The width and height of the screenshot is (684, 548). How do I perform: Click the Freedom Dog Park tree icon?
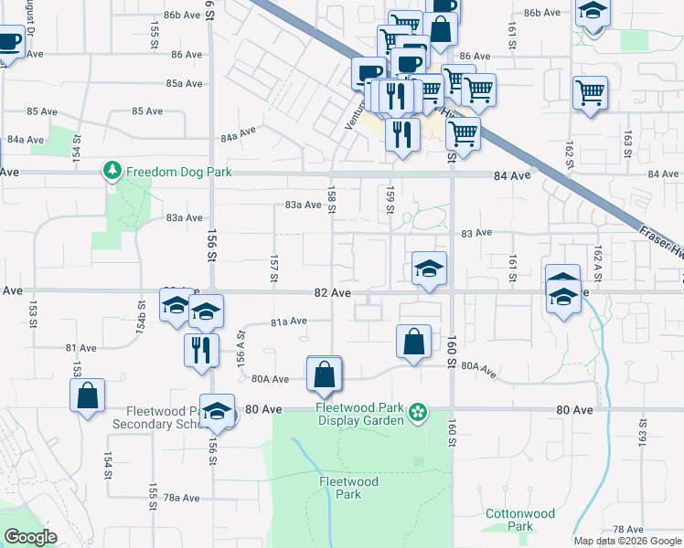click(112, 171)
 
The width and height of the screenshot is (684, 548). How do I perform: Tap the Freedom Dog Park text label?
click(179, 172)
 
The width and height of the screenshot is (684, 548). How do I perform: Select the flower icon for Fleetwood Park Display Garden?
click(418, 413)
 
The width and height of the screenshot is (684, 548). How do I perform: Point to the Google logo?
click(30, 537)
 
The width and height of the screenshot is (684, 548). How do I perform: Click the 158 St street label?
click(332, 197)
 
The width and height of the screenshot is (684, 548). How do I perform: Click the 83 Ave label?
click(477, 234)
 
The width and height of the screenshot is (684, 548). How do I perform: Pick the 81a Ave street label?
click(288, 321)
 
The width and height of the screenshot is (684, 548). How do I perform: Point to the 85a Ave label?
click(184, 83)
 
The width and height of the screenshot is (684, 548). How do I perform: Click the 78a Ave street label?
click(181, 498)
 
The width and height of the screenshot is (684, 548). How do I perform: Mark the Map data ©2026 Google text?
click(627, 541)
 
